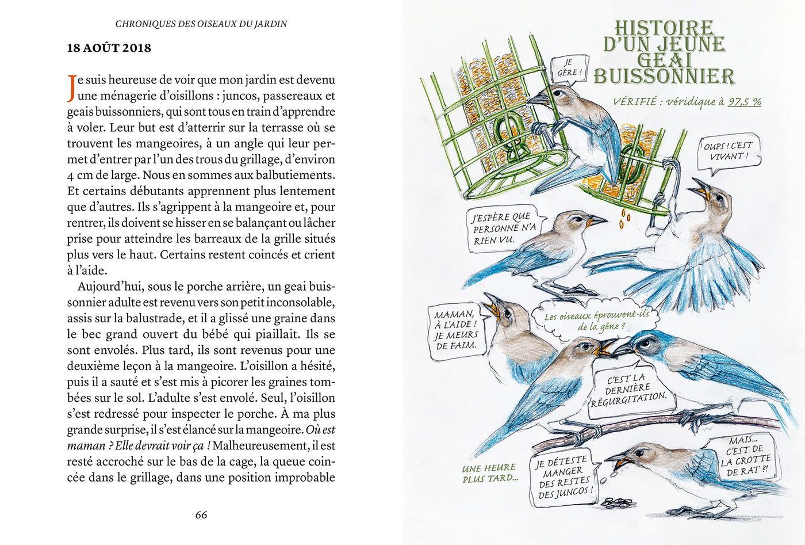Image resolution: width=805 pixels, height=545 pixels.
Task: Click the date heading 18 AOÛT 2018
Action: click(x=109, y=48)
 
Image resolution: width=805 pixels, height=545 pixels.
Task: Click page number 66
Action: click(x=201, y=514)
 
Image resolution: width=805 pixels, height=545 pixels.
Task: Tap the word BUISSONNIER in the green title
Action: click(x=664, y=77)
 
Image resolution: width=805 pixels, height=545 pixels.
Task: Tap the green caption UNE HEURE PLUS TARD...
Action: click(x=489, y=473)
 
